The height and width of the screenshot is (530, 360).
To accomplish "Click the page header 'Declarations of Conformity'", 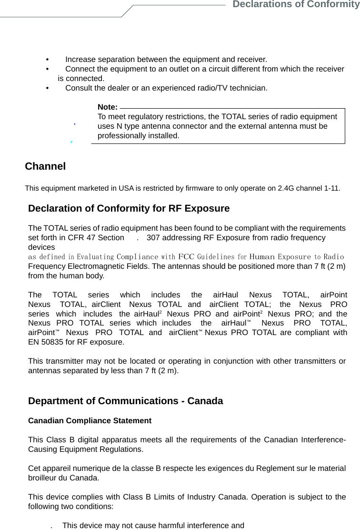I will [x=295, y=5].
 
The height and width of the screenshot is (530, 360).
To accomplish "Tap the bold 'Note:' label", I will [x=107, y=107].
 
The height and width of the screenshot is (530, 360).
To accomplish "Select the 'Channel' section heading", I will [x=45, y=167].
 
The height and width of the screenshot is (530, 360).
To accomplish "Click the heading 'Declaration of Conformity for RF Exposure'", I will [x=129, y=209].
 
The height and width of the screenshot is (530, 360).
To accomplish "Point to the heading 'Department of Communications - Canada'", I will [x=125, y=401].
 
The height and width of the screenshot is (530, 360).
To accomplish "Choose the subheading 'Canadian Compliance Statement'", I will [x=90, y=421].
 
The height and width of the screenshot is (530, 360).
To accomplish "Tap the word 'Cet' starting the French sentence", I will [x=34, y=469].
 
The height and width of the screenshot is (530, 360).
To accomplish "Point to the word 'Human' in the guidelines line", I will [x=262, y=257].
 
